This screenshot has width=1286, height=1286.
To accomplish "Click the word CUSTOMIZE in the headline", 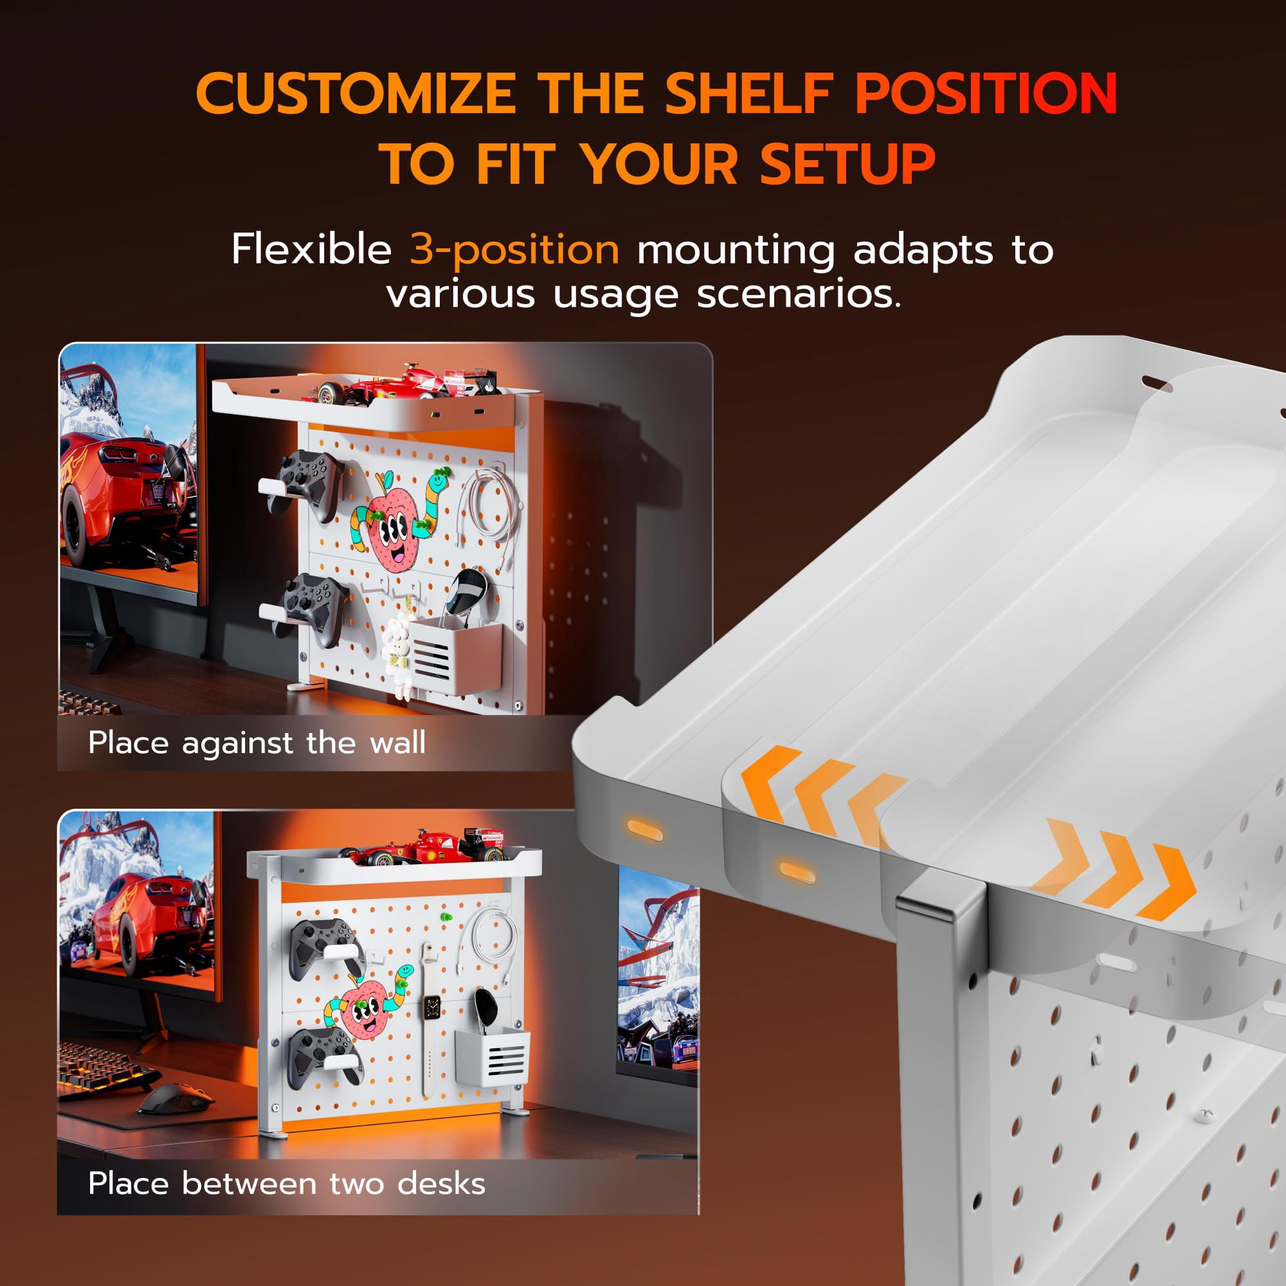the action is coord(356,93).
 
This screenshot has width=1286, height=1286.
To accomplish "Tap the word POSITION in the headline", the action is coord(986,93).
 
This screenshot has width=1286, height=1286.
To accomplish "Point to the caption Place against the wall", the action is coord(257,743).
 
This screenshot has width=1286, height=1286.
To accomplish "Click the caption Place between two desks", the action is coord(287,1184).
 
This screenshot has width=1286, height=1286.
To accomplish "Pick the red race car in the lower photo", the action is coord(430,846).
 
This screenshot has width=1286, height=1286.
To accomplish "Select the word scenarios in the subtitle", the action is coord(799,294).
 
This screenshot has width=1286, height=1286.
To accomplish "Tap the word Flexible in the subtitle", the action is coord(311,249).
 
